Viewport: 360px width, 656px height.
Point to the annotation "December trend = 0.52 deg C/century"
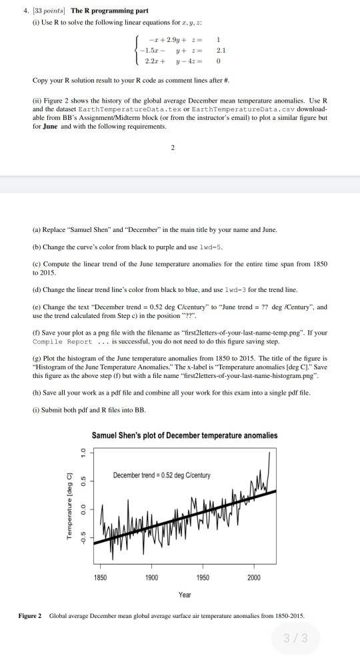161,475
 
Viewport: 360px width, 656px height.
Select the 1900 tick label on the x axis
151,577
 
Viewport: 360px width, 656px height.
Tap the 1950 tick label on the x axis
203,577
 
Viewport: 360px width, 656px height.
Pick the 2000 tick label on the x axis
253,577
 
